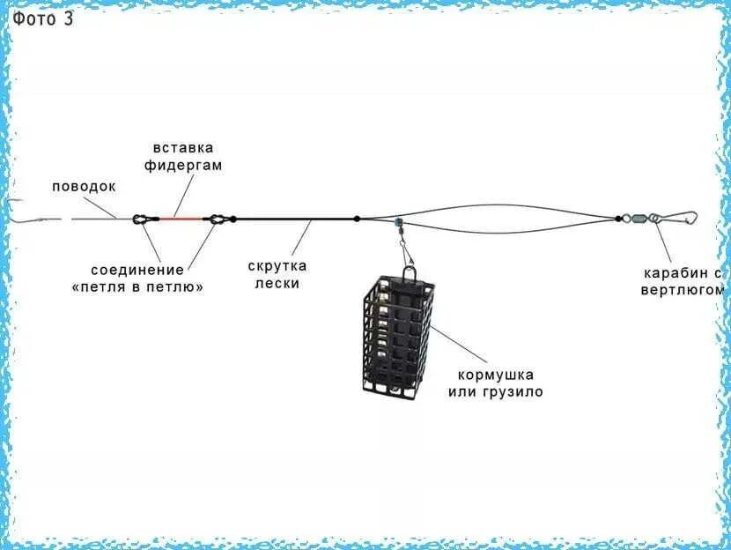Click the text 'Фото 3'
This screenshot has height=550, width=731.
pos(42,19)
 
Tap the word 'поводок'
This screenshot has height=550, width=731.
pos(84,187)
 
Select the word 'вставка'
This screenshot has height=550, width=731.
pos(183,148)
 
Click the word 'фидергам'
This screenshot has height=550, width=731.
pos(187,165)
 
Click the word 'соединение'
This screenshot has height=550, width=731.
pos(137,270)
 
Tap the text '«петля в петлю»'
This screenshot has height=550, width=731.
pos(137,287)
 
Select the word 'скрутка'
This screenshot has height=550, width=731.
pos(277,266)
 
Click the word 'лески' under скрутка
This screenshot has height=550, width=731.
pos(277,283)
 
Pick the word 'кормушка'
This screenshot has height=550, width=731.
pos(496,375)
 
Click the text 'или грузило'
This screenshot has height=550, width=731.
pos(496,391)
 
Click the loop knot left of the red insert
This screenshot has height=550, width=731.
pos(140,218)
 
